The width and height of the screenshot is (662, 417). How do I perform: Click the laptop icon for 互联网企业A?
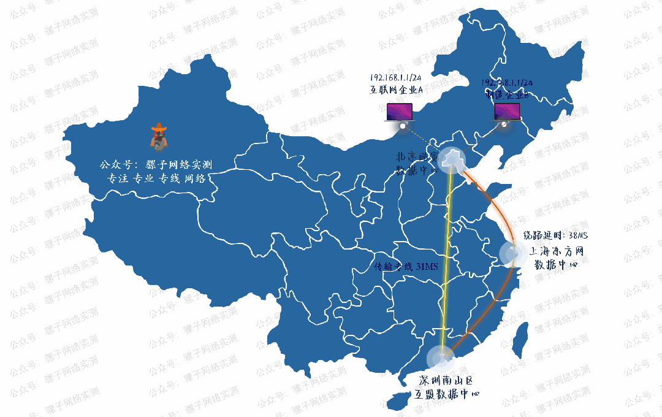pos(400,112)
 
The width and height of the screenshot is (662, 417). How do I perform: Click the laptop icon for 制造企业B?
pos(507,112)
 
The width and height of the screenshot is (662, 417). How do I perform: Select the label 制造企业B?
pos(507,94)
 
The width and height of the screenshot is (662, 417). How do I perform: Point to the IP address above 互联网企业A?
pos(395,78)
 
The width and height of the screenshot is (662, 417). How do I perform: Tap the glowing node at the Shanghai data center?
pos(512,253)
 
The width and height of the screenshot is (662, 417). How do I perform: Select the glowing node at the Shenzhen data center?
pos(439,357)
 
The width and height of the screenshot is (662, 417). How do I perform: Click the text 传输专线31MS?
pos(405,267)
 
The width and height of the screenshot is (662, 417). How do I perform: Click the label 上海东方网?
pos(555,251)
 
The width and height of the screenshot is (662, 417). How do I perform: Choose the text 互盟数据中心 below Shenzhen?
pos(446,395)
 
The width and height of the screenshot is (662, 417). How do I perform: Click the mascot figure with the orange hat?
pos(159,136)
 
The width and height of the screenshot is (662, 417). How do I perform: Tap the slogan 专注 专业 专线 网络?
pos(156,178)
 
